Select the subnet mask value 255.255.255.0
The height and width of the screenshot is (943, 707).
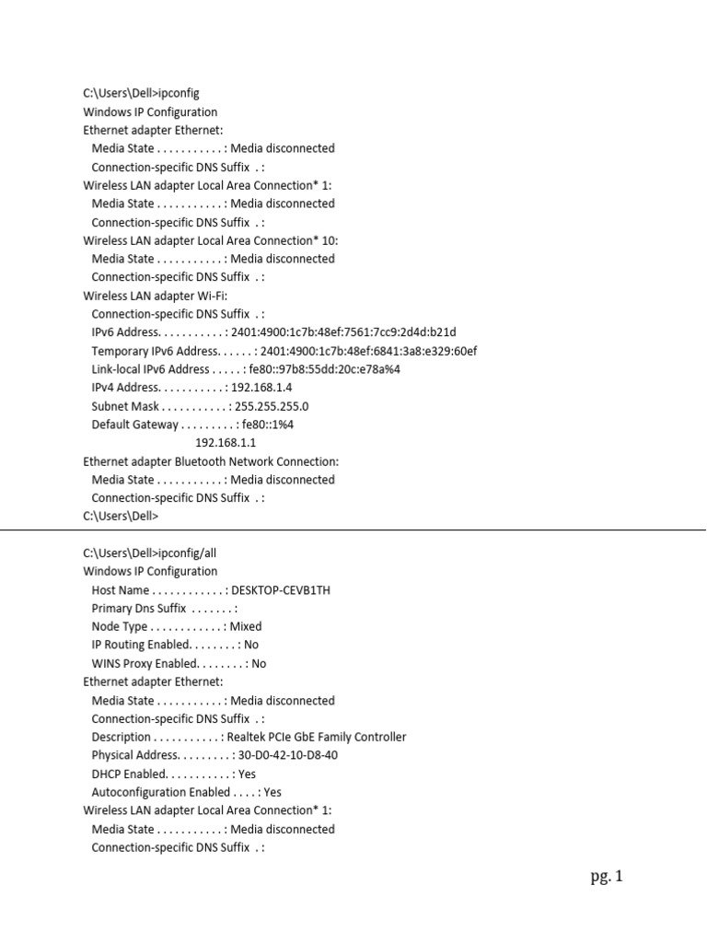(272, 406)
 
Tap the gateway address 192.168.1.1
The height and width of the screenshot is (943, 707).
(226, 443)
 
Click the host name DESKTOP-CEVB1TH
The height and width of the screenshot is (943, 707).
(281, 590)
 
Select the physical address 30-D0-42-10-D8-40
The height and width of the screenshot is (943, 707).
(287, 755)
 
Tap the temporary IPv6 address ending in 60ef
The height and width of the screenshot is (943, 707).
(368, 351)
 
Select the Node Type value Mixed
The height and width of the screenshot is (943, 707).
(246, 627)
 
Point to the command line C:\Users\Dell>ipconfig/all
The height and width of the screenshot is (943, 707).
(150, 553)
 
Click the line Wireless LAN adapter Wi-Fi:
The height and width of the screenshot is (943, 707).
(155, 296)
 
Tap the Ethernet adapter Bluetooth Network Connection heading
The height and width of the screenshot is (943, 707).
(211, 461)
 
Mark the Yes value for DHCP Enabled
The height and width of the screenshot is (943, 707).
(246, 774)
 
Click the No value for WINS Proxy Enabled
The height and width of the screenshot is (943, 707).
(259, 663)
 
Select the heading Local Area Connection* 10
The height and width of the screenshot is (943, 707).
(210, 240)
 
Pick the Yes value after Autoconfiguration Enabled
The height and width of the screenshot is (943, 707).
(272, 792)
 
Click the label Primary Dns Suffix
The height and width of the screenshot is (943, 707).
(139, 609)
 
